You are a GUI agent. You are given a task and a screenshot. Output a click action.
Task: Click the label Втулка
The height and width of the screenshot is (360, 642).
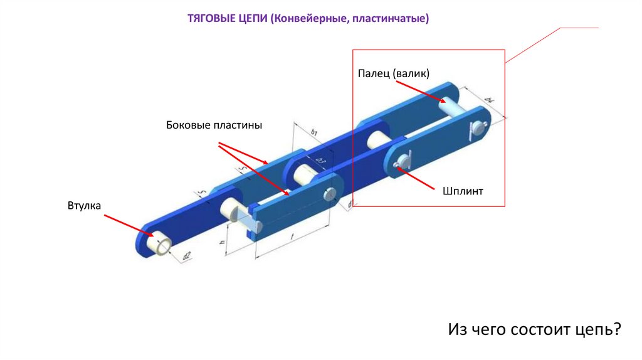coord(84,206)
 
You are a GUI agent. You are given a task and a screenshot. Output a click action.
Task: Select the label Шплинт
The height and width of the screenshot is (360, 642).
coord(462,191)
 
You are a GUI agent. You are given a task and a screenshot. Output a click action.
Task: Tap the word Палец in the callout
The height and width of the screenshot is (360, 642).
coord(374,73)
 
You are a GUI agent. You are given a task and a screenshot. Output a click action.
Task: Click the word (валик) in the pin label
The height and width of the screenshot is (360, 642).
coord(412,73)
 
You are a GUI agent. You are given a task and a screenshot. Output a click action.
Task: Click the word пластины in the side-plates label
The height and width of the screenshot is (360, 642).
coord(238,125)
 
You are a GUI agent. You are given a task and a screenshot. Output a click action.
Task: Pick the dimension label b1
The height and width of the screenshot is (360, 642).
coord(315,132)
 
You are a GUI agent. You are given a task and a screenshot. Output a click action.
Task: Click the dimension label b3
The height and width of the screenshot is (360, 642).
coord(320,162)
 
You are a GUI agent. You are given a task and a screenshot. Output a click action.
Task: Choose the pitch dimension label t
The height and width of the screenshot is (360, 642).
coord(293,236)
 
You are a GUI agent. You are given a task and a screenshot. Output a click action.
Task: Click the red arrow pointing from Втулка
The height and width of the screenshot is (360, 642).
coord(129,225)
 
